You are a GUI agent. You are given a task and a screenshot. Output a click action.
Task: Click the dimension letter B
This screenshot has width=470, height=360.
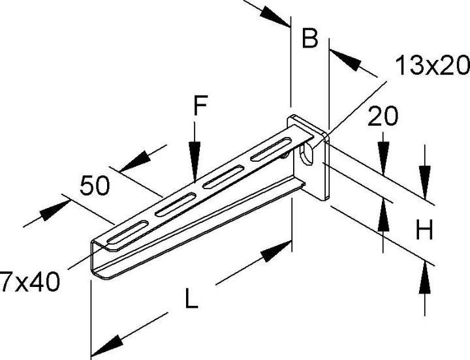pos(309,38)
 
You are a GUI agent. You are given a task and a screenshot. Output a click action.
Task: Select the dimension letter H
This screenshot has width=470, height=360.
pos(425,231)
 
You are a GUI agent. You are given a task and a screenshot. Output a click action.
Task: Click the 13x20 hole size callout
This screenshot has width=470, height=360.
pos(431,65)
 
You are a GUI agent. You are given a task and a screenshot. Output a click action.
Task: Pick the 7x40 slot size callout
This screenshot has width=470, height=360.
pos(30,282)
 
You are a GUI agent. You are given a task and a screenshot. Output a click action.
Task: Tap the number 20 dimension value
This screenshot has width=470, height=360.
pos(383,117)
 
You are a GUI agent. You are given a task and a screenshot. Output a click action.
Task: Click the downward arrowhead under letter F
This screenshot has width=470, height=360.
pos(194,172)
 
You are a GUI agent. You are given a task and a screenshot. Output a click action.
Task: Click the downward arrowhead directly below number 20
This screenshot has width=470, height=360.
pos(383,142)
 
